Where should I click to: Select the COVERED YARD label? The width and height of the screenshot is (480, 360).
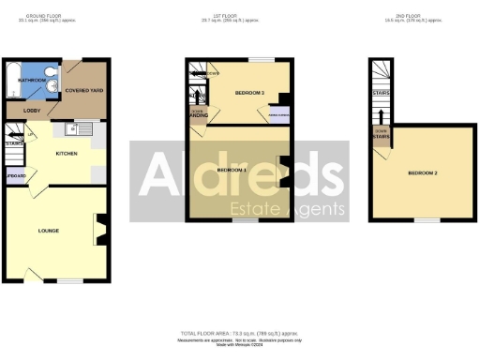point(84,90)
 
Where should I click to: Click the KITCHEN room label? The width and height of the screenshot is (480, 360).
point(66,153)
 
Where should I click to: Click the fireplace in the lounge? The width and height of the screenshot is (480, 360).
point(102,228)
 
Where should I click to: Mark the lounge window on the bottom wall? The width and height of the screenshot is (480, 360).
point(69,279)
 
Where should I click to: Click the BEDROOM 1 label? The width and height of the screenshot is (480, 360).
point(232,170)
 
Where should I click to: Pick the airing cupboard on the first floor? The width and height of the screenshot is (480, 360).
point(279,115)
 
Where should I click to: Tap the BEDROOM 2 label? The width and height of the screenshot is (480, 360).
point(423,173)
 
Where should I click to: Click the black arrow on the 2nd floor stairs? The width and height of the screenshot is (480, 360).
point(382,115)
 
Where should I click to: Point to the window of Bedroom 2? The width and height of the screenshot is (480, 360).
point(427,221)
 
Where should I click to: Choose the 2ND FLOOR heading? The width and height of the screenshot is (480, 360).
point(410,16)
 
